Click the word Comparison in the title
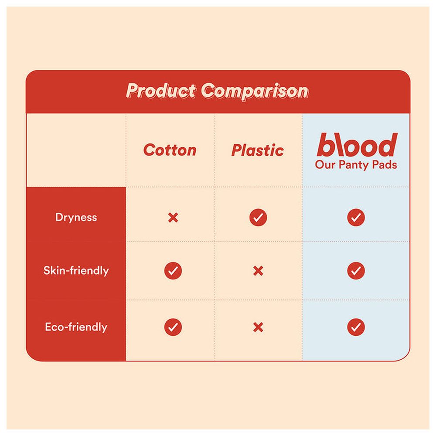[x=255, y=91]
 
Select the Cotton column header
[x=170, y=150]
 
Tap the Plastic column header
[x=257, y=150]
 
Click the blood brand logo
[x=356, y=146]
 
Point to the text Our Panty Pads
[x=356, y=165]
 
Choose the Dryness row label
[x=76, y=217]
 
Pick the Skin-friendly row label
[x=76, y=270]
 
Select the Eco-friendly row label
[x=76, y=327]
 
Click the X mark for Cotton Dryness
[x=173, y=217]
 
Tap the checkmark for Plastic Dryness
[x=258, y=217]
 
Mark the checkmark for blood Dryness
[x=356, y=217]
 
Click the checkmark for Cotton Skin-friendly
[x=173, y=271]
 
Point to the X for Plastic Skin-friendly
[x=258, y=271]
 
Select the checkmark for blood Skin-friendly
[x=356, y=271]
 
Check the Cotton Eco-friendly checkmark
[x=173, y=327]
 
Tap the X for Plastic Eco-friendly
[x=258, y=327]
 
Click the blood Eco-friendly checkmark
[x=356, y=327]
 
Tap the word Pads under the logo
[x=385, y=165]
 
